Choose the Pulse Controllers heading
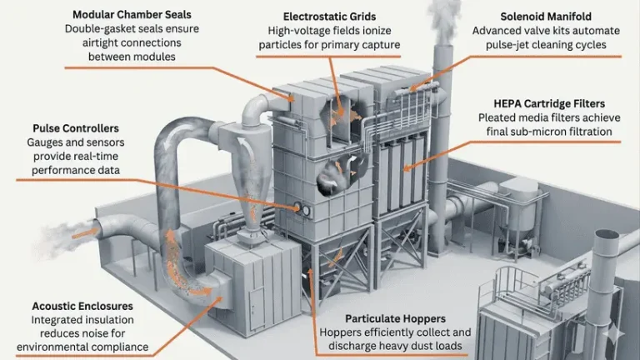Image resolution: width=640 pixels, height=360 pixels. tap(75, 128)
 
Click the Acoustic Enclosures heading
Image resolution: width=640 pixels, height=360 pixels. tap(82, 306)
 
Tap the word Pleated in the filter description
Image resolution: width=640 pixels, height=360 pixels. tap(499, 118)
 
